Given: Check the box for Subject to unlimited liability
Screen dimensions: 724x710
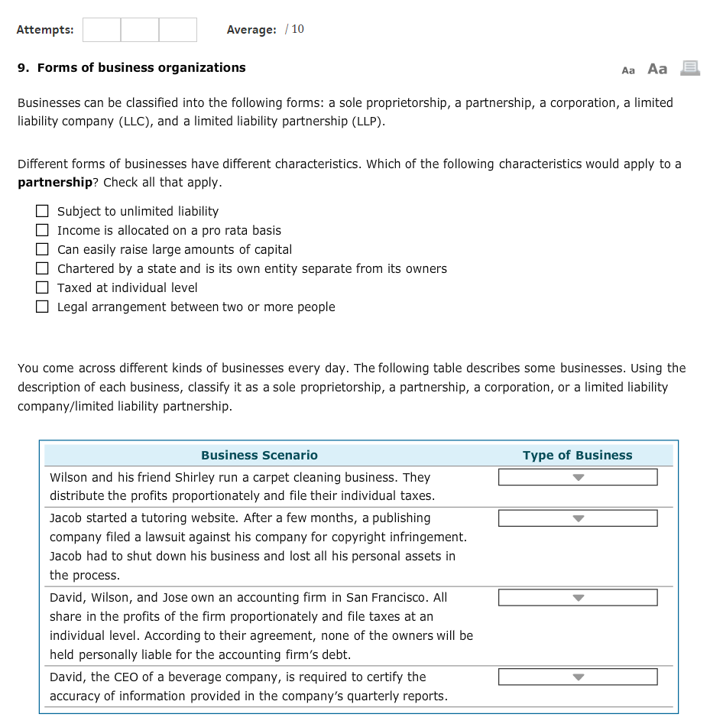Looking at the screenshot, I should (43, 211).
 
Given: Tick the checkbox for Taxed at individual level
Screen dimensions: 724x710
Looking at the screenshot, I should (43, 287).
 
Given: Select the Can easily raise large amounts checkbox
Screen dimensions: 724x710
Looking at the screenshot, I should (43, 249).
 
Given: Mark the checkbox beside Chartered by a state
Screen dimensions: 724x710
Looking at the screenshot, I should (43, 268).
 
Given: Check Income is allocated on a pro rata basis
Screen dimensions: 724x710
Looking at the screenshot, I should (43, 230).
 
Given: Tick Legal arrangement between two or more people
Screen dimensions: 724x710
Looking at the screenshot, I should (43, 307).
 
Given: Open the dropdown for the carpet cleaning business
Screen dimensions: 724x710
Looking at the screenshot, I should (577, 478).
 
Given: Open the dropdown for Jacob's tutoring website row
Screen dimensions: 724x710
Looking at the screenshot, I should (577, 518).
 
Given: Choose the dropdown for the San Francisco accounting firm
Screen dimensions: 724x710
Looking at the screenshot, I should (577, 598).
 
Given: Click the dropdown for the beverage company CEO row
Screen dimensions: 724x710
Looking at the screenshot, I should (577, 677).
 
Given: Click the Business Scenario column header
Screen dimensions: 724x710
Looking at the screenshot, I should (259, 455).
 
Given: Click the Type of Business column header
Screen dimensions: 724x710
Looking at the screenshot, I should (577, 455).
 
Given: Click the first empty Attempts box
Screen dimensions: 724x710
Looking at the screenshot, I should (102, 30).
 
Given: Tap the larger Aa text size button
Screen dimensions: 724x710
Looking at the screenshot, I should (657, 69).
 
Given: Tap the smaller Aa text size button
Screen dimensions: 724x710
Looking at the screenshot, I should (628, 70).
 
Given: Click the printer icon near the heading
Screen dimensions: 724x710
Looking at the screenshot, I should (690, 69).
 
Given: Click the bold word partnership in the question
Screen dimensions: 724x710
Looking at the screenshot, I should (55, 183).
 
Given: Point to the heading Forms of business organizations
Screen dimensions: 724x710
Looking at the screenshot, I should (141, 68).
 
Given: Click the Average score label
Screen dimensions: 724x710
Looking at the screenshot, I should (251, 30).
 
